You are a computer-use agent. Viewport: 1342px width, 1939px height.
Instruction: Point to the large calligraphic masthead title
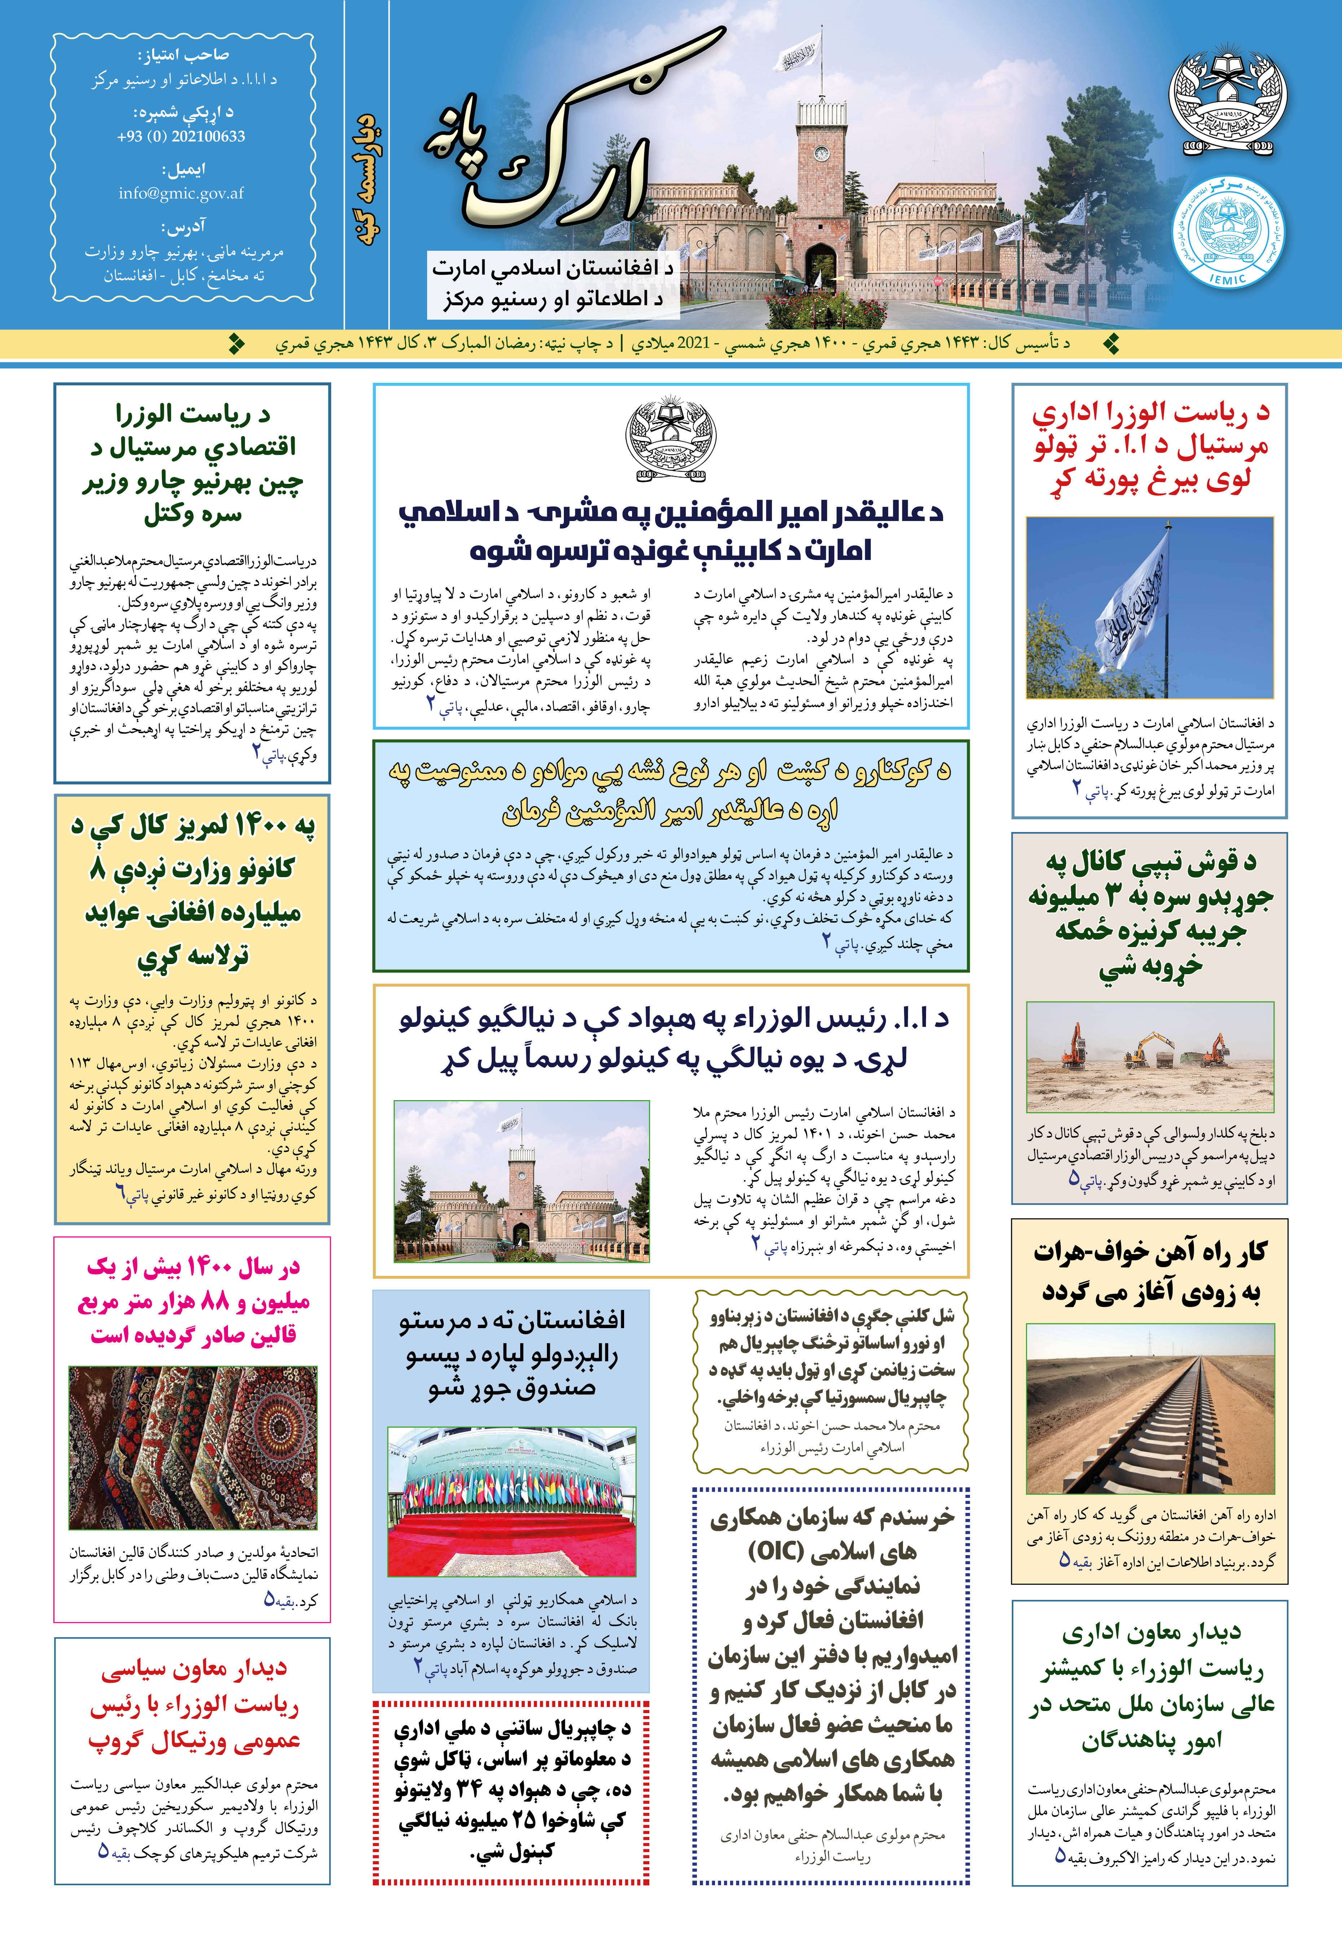[x=572, y=135]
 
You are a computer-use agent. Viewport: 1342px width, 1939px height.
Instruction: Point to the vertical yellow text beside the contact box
[x=368, y=181]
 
